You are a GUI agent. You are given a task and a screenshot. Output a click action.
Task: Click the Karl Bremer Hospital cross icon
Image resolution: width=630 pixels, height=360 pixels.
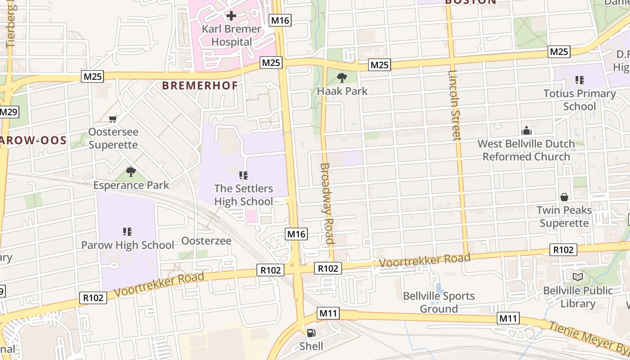tap(231, 16)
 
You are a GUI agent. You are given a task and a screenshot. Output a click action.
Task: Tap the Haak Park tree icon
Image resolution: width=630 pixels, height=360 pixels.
tap(342, 78)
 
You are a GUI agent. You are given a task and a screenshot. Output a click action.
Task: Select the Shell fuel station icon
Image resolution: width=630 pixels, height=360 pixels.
tap(311, 333)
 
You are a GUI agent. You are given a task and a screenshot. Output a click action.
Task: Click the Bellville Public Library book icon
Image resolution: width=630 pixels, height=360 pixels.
tap(577, 277)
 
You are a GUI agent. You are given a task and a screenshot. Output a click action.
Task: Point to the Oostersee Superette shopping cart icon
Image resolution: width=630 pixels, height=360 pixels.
tap(113, 119)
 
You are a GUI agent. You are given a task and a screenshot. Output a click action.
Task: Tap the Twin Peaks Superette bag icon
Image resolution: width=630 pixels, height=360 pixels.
tap(564, 197)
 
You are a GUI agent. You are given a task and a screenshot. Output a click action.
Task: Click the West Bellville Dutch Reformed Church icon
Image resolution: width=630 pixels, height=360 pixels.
tap(526, 131)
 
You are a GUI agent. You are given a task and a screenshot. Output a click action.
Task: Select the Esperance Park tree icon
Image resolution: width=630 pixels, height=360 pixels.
tap(131, 171)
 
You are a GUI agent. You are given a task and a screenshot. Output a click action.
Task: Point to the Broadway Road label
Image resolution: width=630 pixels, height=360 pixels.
tap(327, 203)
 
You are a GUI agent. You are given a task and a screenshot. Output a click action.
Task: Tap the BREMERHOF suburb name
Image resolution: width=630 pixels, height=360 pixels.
tap(200, 85)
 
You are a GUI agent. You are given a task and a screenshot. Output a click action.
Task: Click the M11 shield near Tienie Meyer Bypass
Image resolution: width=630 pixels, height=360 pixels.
tap(508, 319)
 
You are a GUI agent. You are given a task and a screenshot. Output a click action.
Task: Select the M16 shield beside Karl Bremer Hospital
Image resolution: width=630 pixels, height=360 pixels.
tap(280, 20)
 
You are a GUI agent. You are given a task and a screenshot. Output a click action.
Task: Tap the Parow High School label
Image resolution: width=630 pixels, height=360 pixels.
tap(127, 245)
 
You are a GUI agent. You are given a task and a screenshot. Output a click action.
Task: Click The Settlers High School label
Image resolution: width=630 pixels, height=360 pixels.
tap(243, 195)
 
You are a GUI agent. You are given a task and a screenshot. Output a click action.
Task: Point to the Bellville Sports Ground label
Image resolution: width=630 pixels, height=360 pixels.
tap(439, 302)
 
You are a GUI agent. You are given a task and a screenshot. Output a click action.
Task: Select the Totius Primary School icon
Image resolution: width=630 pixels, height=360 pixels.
tap(580, 80)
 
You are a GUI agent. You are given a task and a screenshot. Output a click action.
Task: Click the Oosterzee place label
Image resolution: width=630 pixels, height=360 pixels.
tap(206, 241)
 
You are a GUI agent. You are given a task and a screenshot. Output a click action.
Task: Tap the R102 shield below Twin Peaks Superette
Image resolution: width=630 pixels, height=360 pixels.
tap(563, 250)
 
